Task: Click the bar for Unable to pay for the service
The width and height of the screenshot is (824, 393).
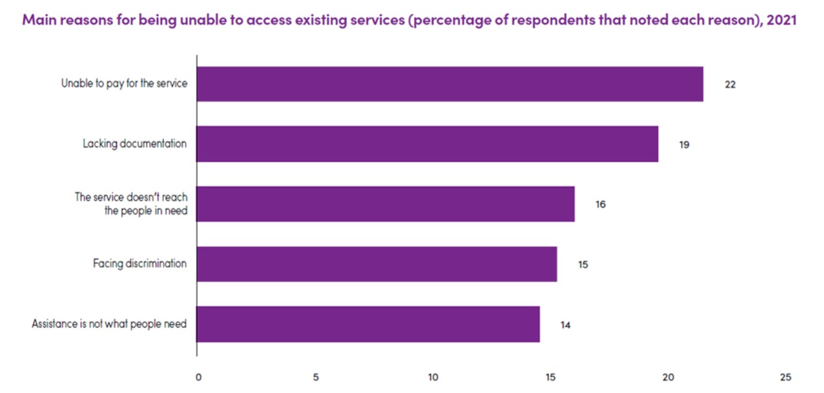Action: [x=450, y=84]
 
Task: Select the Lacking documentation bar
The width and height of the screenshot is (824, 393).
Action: [x=428, y=144]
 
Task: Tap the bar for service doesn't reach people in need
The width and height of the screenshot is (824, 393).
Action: [x=386, y=204]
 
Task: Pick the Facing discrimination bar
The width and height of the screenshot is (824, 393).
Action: [x=377, y=264]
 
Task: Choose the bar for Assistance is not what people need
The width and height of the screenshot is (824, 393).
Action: [x=368, y=324]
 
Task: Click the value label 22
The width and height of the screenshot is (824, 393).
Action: [x=730, y=85]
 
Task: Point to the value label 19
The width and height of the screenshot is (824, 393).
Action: [x=684, y=145]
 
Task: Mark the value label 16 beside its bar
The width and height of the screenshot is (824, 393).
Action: [x=601, y=204]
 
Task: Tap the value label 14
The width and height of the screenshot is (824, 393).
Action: [x=565, y=325]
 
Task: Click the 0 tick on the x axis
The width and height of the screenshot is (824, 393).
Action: [x=198, y=377]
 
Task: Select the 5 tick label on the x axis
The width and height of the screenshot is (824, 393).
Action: [x=316, y=377]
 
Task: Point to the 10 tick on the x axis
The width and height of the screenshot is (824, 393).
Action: [x=433, y=377]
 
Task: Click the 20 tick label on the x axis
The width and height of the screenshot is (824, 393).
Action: [x=669, y=377]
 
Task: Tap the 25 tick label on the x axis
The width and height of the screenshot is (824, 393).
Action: [x=786, y=377]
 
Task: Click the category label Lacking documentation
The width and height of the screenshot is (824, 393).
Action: [x=134, y=144]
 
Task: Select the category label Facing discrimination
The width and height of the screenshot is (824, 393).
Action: [x=140, y=263]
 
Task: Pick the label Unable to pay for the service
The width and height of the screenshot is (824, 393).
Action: [x=124, y=84]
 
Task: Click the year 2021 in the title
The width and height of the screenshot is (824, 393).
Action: [x=781, y=20]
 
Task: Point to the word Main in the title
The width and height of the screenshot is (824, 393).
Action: [x=39, y=20]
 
